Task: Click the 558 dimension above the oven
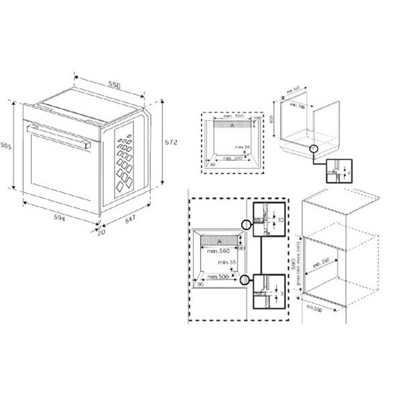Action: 115,85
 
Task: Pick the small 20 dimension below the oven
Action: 101,233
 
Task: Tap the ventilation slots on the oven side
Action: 125,157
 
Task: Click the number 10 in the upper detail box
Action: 279,219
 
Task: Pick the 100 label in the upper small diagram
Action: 257,117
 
